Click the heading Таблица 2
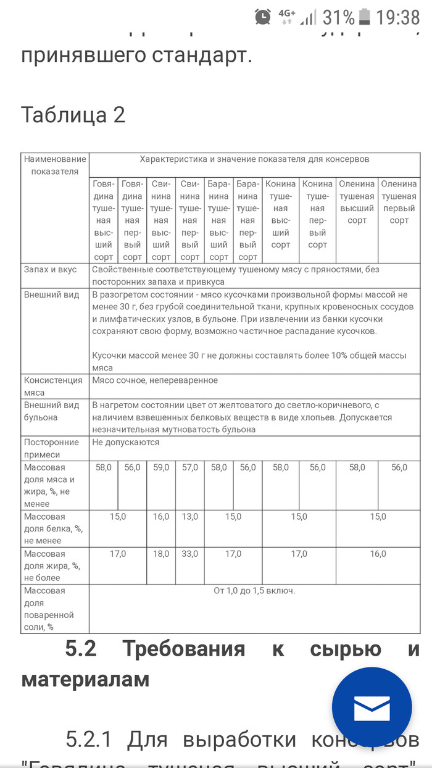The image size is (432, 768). [x=73, y=115]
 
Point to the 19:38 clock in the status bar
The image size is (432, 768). [x=398, y=17]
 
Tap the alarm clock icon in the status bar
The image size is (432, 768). [x=263, y=17]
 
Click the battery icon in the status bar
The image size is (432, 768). [x=365, y=17]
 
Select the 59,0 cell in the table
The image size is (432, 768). [x=161, y=467]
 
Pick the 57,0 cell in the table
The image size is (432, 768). [x=190, y=467]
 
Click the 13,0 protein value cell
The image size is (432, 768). [x=190, y=517]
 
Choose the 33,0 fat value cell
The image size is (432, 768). [x=190, y=554]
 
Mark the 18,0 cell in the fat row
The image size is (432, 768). [x=161, y=554]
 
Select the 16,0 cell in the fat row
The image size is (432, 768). [x=378, y=554]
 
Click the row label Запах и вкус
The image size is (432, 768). [x=51, y=270]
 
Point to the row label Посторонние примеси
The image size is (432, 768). [x=52, y=448]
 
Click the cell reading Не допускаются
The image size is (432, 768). [x=126, y=443]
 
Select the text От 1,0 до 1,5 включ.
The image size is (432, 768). [x=254, y=591]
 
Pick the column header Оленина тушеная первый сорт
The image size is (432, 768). [x=399, y=202]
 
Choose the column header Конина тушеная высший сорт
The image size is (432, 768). [x=281, y=214]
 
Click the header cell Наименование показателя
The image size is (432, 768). [x=55, y=165]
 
